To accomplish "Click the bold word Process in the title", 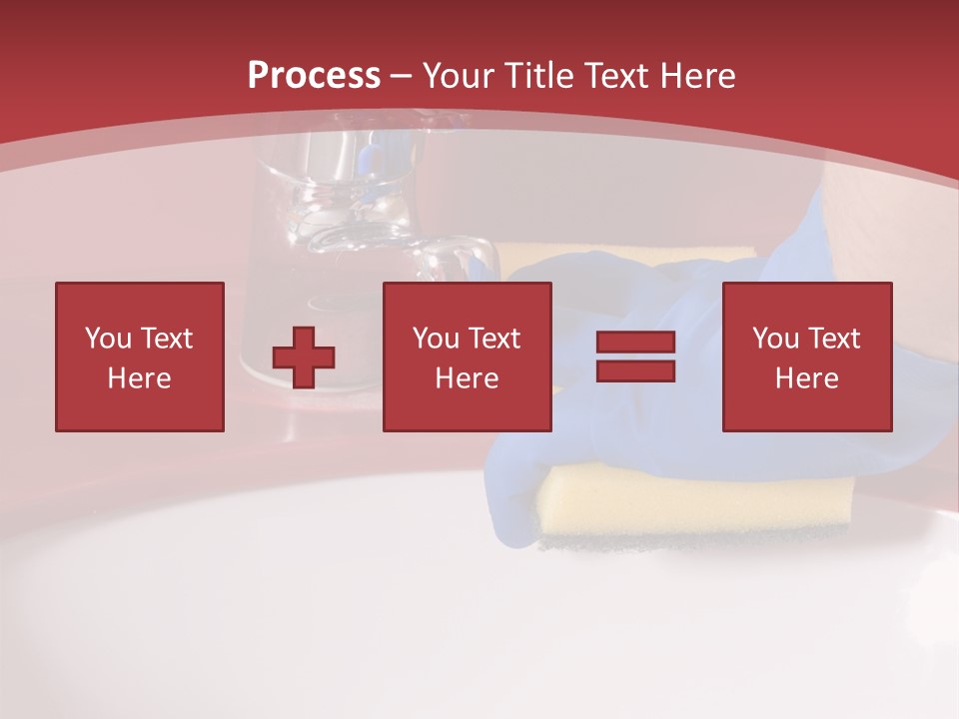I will (x=314, y=76).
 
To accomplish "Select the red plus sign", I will (x=304, y=357).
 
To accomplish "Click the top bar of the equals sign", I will (x=635, y=343).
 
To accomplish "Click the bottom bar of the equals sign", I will (x=635, y=370).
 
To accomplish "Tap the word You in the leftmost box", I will (x=108, y=339).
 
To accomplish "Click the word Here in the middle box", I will (x=467, y=378).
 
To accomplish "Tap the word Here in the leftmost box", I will (x=140, y=378).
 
